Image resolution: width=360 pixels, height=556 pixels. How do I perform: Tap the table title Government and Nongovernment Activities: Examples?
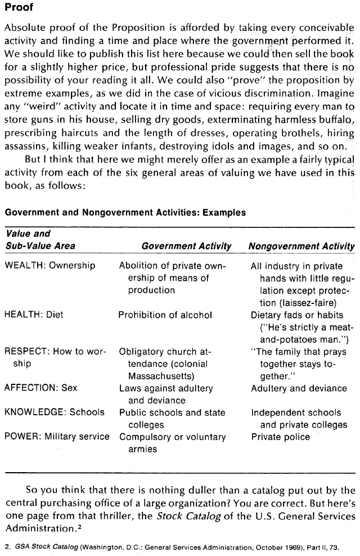pyautogui.click(x=125, y=213)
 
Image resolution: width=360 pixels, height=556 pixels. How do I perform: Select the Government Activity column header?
pyautogui.click(x=186, y=246)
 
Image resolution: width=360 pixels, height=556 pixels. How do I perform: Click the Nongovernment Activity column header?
pyautogui.click(x=301, y=246)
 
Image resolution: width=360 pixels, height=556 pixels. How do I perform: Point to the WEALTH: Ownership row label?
pyautogui.click(x=50, y=266)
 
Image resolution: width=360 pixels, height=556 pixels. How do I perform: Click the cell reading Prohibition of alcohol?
pyautogui.click(x=165, y=315)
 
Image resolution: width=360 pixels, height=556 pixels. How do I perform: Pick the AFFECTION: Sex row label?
pyautogui.click(x=41, y=388)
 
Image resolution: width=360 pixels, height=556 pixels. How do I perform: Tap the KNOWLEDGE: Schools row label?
pyautogui.click(x=55, y=412)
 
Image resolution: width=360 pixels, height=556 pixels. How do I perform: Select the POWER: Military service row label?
pyautogui.click(x=57, y=437)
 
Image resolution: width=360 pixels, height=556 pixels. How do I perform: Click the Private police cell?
pyautogui.click(x=280, y=437)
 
